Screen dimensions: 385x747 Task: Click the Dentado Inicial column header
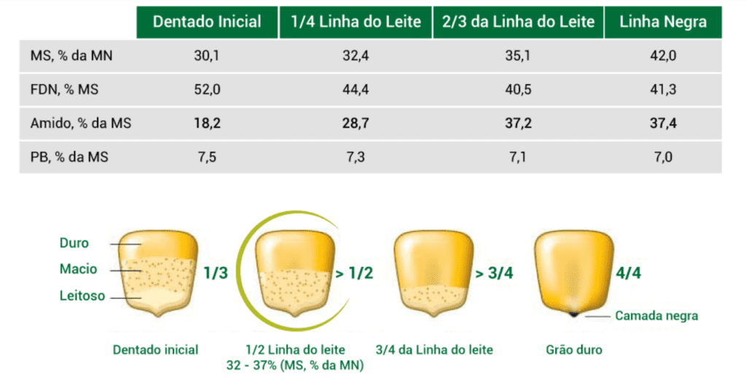[206, 22]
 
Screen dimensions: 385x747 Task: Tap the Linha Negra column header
[662, 22]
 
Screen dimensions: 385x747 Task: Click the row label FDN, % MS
[65, 90]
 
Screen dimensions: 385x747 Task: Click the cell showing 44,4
[355, 90]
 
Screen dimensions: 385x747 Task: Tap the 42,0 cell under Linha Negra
[663, 56]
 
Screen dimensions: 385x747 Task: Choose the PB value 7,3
[355, 157]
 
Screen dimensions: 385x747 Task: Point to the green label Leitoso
[82, 296]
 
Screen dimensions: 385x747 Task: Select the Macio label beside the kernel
[78, 269]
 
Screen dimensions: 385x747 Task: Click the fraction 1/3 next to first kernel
[216, 274]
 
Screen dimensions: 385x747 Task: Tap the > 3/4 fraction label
[494, 274]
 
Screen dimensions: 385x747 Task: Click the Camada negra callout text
[657, 316]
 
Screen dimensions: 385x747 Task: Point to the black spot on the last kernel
[575, 314]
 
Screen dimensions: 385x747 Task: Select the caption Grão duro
[574, 349]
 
